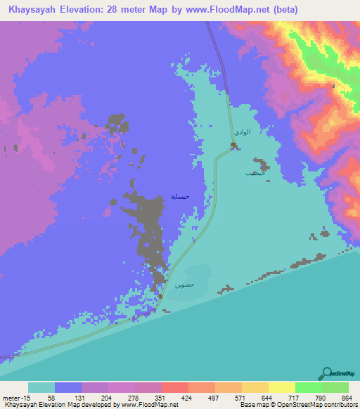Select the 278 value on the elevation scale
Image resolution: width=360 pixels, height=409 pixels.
[137, 398]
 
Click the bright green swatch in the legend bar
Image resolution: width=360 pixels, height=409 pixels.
[309, 387]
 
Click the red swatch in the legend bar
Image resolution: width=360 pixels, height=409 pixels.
[175, 387]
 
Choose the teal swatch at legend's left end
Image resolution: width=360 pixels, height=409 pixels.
[41, 387]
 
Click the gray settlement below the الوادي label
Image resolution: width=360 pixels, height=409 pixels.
[234, 146]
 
